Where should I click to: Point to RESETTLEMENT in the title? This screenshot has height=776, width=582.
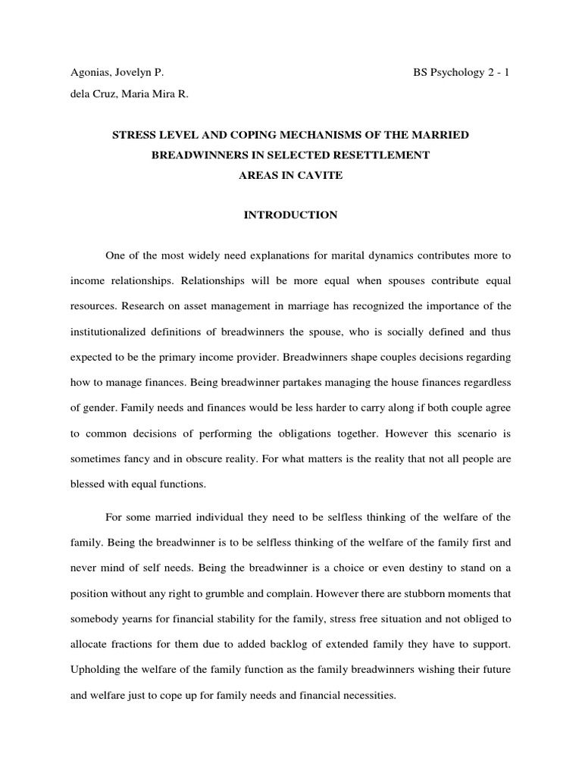click(387, 155)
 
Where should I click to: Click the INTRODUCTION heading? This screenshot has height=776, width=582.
click(290, 215)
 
